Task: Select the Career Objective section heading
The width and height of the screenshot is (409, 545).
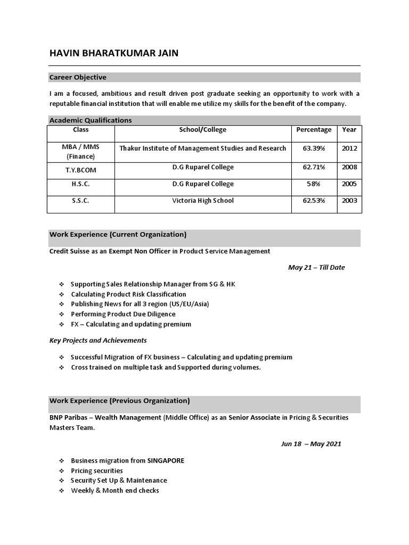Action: click(x=78, y=77)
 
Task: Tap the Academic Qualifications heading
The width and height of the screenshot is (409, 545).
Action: click(x=91, y=120)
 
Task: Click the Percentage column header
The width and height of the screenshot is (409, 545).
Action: click(x=314, y=130)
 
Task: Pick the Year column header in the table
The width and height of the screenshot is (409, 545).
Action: click(x=349, y=130)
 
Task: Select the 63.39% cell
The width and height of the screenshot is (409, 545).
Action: click(x=314, y=148)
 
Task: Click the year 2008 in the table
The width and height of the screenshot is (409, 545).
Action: click(x=349, y=167)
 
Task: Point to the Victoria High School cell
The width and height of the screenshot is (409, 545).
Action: click(x=203, y=201)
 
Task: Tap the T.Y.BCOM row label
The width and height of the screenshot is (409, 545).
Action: click(x=81, y=170)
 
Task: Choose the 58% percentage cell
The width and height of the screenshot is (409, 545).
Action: click(x=314, y=184)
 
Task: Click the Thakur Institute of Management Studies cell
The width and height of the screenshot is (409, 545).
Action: click(x=203, y=148)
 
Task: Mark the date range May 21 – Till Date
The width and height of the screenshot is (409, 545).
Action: click(x=316, y=268)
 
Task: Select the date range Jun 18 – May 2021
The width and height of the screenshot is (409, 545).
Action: click(x=311, y=444)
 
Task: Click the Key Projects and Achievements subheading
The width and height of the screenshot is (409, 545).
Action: click(x=98, y=340)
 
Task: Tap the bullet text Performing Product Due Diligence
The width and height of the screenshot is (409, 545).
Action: click(x=123, y=315)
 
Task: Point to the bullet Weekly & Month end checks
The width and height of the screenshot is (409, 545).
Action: click(x=115, y=491)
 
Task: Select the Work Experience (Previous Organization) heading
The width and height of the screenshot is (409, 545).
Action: click(x=119, y=401)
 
